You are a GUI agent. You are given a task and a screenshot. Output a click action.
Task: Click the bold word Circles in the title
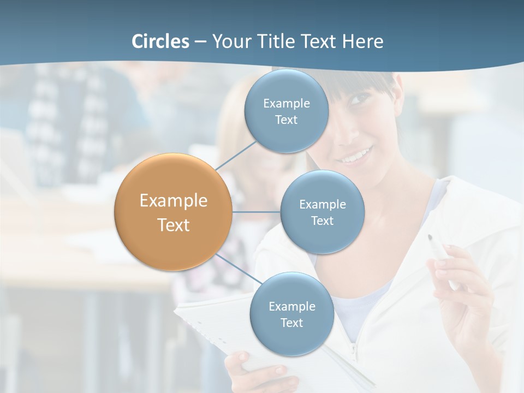(x=160, y=41)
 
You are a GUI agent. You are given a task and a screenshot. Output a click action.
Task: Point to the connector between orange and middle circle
(x=256, y=212)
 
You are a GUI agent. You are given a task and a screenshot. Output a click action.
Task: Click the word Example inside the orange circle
(x=174, y=201)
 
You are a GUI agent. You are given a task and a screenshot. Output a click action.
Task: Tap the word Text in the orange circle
(x=174, y=225)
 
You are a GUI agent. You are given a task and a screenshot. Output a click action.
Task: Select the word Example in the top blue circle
(x=287, y=103)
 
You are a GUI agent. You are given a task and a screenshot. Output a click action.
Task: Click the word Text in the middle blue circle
(x=322, y=221)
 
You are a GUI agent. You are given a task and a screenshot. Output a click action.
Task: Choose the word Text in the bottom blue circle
(x=291, y=323)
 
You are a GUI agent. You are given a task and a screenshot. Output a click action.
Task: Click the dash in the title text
(x=200, y=42)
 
